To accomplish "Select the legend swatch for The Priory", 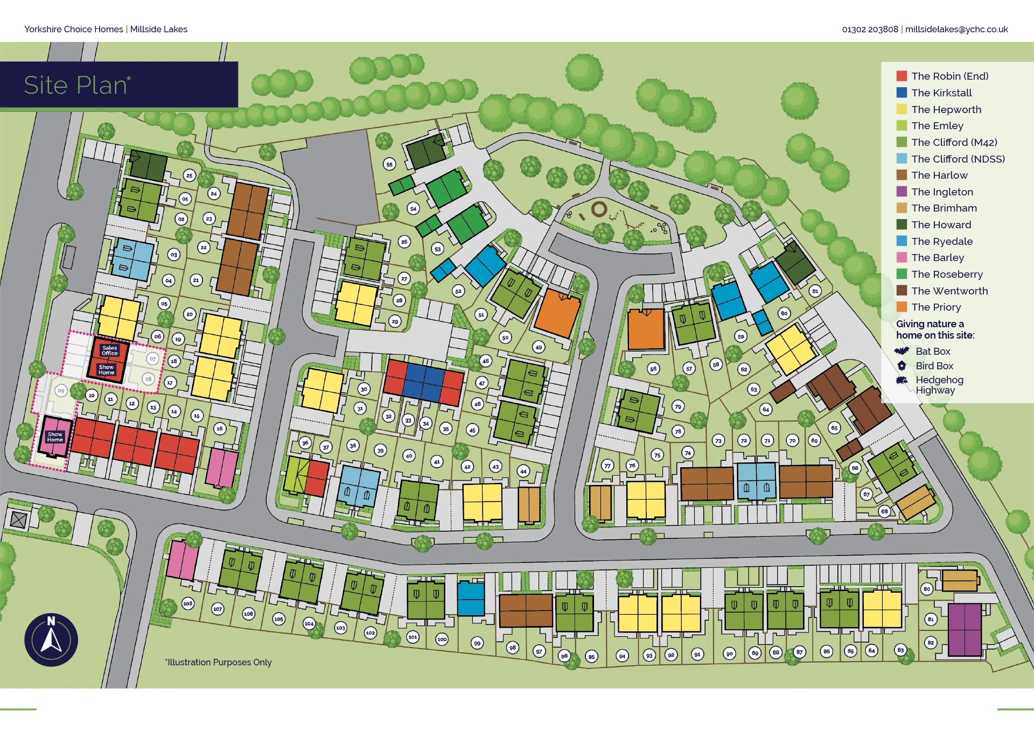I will (902, 307).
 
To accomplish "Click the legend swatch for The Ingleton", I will (902, 192).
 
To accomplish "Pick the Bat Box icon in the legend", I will (902, 351).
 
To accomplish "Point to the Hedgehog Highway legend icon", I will (902, 380).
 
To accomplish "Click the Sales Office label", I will (109, 350).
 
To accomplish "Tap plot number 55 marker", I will (389, 164).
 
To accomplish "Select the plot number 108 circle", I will (187, 603).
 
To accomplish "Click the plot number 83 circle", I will (900, 650).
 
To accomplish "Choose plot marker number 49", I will (539, 347).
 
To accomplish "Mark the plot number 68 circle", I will (884, 511).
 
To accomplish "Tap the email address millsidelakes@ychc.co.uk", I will (956, 29).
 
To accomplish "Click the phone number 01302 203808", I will (870, 29).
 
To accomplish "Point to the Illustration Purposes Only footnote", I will (219, 662).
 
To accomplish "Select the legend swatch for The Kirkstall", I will (902, 93).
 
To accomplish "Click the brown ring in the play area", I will (599, 209).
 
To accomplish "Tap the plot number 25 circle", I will (189, 175).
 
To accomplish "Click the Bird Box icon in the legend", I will (902, 365).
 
